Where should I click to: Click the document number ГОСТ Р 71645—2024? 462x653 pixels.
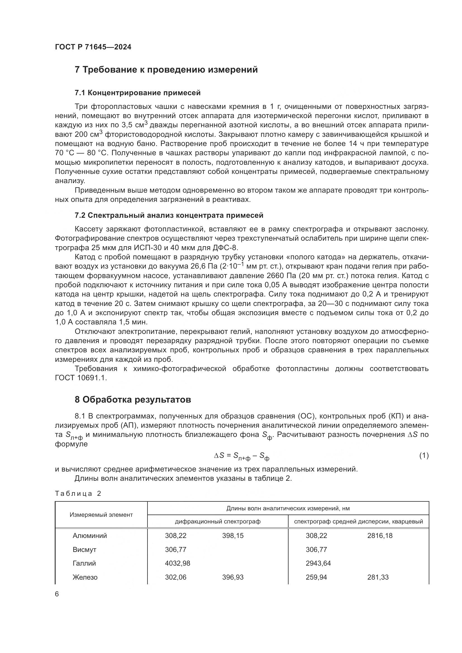click(93, 47)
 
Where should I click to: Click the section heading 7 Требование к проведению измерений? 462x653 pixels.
click(166, 70)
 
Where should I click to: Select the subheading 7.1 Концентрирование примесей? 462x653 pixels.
click(137, 93)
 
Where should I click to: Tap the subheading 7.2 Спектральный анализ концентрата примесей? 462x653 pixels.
click(169, 215)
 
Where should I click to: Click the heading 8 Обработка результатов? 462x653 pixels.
click(133, 400)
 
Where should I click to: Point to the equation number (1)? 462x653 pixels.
click(424, 455)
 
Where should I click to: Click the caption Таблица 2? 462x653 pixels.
click(78, 493)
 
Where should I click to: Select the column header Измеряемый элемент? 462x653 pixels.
click(101, 515)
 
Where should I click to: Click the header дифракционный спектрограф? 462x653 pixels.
click(218, 522)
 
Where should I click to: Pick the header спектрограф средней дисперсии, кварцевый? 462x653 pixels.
click(358, 522)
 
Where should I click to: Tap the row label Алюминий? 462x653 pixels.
click(90, 536)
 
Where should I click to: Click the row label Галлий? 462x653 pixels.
click(84, 563)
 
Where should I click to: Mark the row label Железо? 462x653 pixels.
click(85, 577)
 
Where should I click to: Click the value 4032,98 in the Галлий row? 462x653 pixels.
click(178, 563)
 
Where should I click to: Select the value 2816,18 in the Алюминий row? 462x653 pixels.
click(380, 536)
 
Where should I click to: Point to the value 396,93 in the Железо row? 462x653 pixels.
click(233, 577)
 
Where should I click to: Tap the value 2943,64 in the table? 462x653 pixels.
click(318, 563)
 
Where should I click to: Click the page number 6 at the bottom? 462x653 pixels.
click(57, 594)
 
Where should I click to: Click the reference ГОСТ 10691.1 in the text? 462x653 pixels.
click(80, 378)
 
